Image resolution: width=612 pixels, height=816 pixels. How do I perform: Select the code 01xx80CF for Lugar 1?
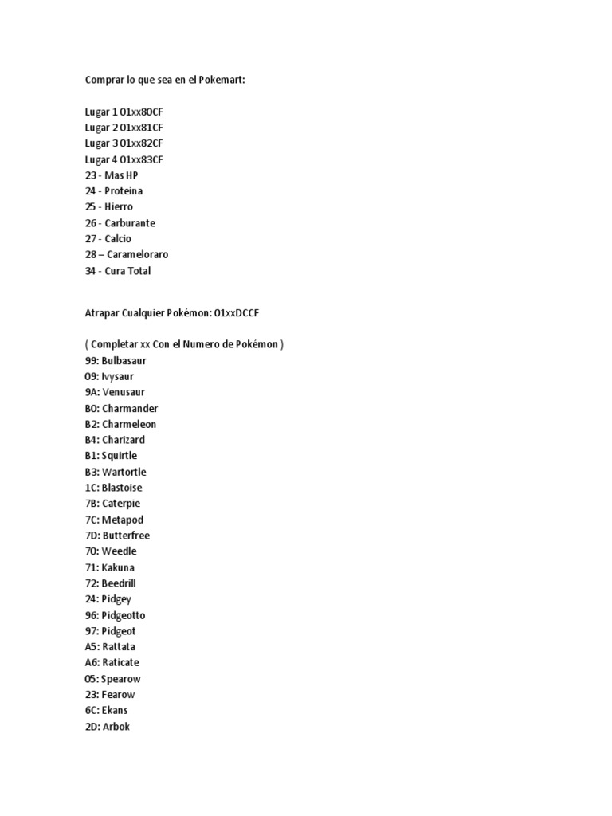pyautogui.click(x=141, y=112)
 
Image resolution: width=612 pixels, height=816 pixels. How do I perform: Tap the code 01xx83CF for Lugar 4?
pyautogui.click(x=141, y=159)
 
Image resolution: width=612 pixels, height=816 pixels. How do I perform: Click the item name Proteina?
pyautogui.click(x=124, y=191)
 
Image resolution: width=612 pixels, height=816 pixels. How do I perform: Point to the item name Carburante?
pyautogui.click(x=130, y=223)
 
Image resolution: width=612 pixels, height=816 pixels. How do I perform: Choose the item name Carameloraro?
pyautogui.click(x=136, y=255)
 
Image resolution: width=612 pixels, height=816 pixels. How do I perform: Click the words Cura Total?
pyautogui.click(x=127, y=271)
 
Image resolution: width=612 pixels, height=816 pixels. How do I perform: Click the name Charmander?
pyautogui.click(x=130, y=408)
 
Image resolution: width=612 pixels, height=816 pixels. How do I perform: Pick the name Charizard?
pyautogui.click(x=124, y=440)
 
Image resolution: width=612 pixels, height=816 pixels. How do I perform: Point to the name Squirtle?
pyautogui.click(x=120, y=456)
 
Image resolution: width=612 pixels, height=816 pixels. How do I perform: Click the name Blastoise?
pyautogui.click(x=122, y=488)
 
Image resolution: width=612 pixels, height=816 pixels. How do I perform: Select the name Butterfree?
pyautogui.click(x=126, y=535)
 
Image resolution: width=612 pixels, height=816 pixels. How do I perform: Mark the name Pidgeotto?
pyautogui.click(x=124, y=615)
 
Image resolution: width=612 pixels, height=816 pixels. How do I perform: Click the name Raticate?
pyautogui.click(x=120, y=662)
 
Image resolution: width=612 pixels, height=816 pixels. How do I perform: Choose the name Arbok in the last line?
pyautogui.click(x=116, y=726)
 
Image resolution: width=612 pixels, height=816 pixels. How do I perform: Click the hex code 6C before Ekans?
pyautogui.click(x=92, y=710)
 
